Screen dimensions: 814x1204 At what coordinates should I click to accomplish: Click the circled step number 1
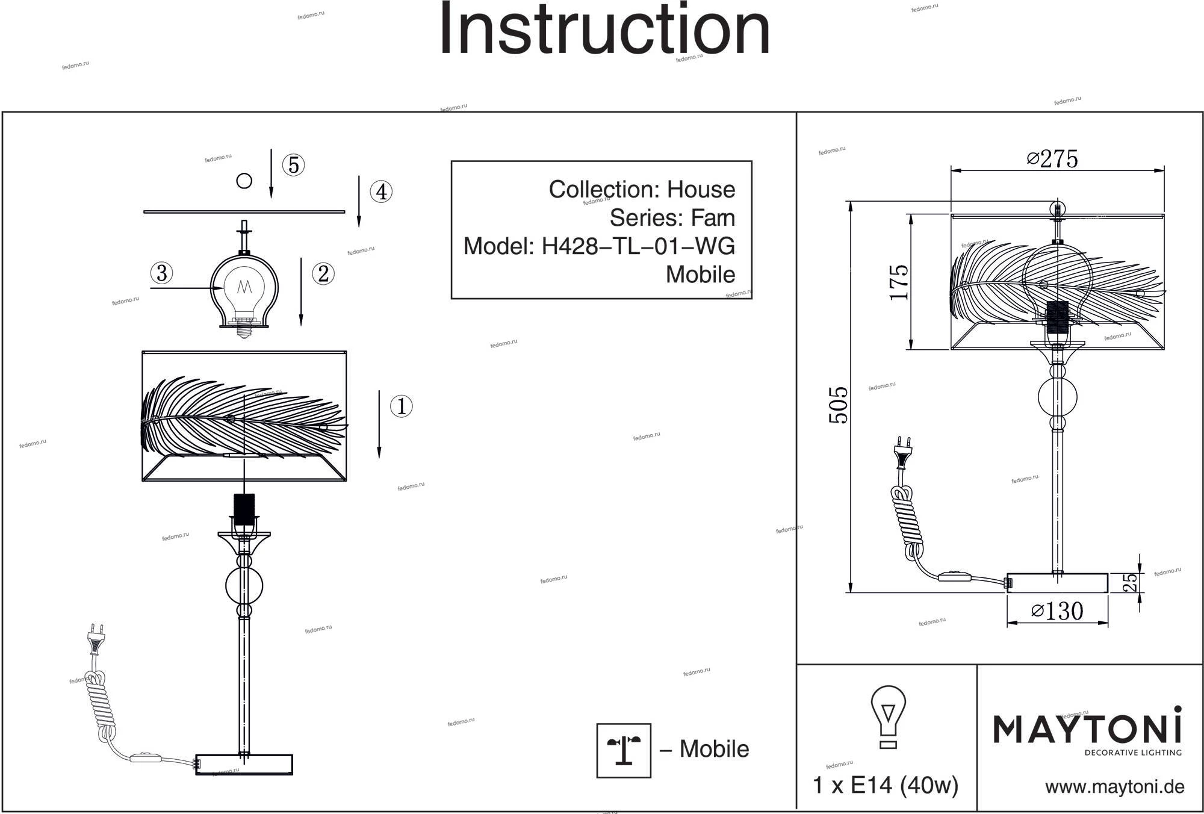coord(402,406)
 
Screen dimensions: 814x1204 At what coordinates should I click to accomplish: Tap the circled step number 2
coord(323,274)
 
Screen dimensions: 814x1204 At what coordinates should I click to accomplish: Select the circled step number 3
coord(161,273)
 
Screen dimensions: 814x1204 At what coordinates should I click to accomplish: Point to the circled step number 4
coord(381,192)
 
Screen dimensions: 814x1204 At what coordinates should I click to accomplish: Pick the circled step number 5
coord(294,165)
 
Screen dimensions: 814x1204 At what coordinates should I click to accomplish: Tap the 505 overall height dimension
coord(839,405)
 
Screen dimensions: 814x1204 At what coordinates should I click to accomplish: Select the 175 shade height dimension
coord(899,282)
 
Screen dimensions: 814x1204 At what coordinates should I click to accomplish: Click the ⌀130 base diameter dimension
coord(1057,611)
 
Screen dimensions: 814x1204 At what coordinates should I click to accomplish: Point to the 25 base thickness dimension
coord(1131,582)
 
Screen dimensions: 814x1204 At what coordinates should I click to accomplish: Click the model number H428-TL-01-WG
coord(638,246)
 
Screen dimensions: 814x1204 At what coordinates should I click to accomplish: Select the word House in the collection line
coord(701,190)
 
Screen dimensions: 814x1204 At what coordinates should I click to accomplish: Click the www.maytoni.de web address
coord(1114,787)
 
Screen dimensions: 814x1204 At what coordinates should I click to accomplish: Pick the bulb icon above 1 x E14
coord(888,716)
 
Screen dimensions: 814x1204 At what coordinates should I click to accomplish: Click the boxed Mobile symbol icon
coord(624,750)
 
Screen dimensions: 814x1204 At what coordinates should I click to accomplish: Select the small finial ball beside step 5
coord(244,181)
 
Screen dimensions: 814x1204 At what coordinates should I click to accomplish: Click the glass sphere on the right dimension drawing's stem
coord(1058,397)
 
